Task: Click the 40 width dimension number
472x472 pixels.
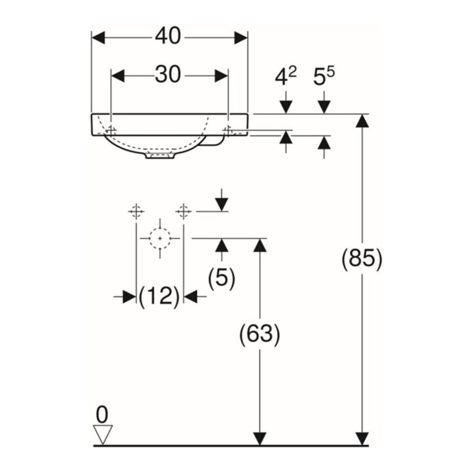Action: coord(168,36)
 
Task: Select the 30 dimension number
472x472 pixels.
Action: coord(168,75)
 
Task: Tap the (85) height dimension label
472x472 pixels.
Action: coord(362,259)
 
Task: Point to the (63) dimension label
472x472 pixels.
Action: coord(260,334)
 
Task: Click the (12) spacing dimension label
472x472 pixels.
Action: coord(159,297)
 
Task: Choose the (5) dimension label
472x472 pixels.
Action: coord(221,279)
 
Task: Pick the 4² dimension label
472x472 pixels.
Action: coord(285,76)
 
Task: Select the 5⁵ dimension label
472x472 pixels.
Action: coord(324,76)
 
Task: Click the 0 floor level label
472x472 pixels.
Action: coord(102,415)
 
